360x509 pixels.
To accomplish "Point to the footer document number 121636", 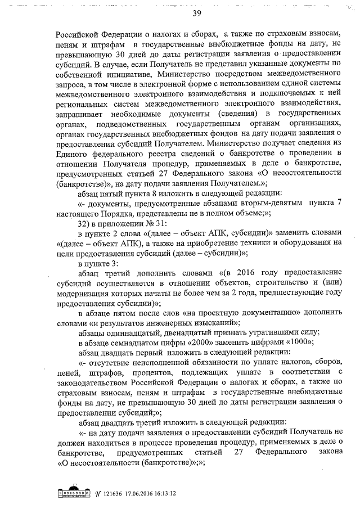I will [x=112, y=493].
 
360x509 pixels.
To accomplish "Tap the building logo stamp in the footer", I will [x=75, y=492].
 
